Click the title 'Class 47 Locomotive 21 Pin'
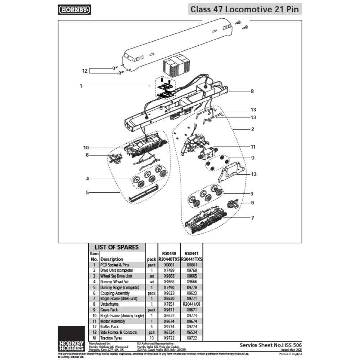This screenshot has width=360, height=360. click(x=244, y=9)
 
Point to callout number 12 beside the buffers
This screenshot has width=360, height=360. click(x=85, y=71)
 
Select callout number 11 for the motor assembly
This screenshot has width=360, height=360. click(x=253, y=147)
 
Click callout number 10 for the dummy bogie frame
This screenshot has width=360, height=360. click(x=86, y=148)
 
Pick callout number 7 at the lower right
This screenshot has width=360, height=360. click(x=253, y=218)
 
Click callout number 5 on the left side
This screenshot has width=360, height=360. click(x=87, y=193)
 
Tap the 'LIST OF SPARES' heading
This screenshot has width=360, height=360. click(x=116, y=247)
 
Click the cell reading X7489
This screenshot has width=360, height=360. click(x=169, y=270)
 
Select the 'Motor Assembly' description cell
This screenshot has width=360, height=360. click(x=113, y=321)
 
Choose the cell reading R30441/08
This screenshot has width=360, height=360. click(x=192, y=304)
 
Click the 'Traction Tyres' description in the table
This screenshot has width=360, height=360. click(x=112, y=338)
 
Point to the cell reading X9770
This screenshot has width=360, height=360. click(x=192, y=287)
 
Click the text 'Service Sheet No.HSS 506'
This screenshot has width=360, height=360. click(x=271, y=345)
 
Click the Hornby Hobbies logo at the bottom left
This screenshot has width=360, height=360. click(x=71, y=343)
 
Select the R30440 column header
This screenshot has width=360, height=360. click(x=169, y=253)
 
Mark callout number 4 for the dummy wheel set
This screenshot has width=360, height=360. click(x=87, y=179)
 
